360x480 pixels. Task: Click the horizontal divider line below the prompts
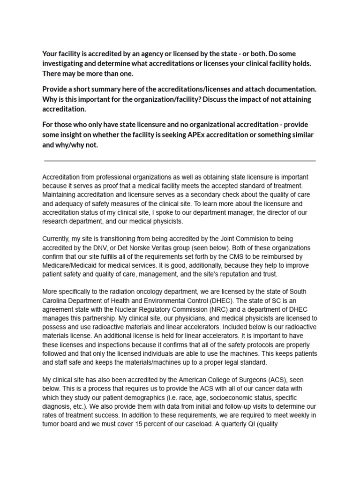tap(180, 161)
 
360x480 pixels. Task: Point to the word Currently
tap(58, 239)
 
